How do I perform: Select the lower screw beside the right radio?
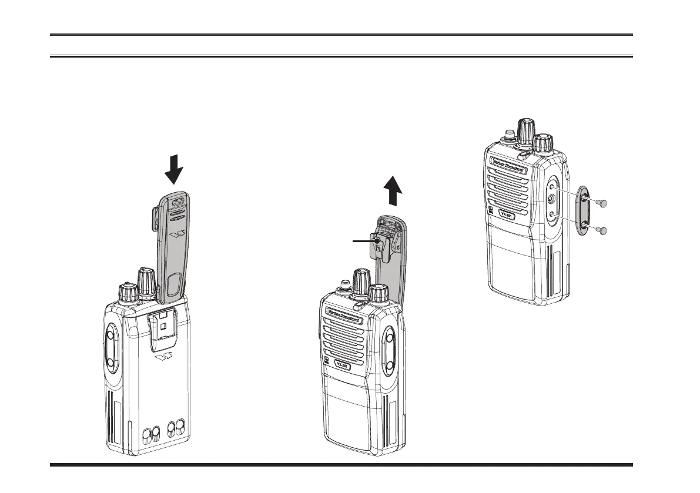pos(601,230)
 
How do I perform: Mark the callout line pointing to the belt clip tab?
pos(361,240)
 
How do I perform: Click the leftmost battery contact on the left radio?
pos(146,435)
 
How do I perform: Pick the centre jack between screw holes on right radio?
pos(551,199)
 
